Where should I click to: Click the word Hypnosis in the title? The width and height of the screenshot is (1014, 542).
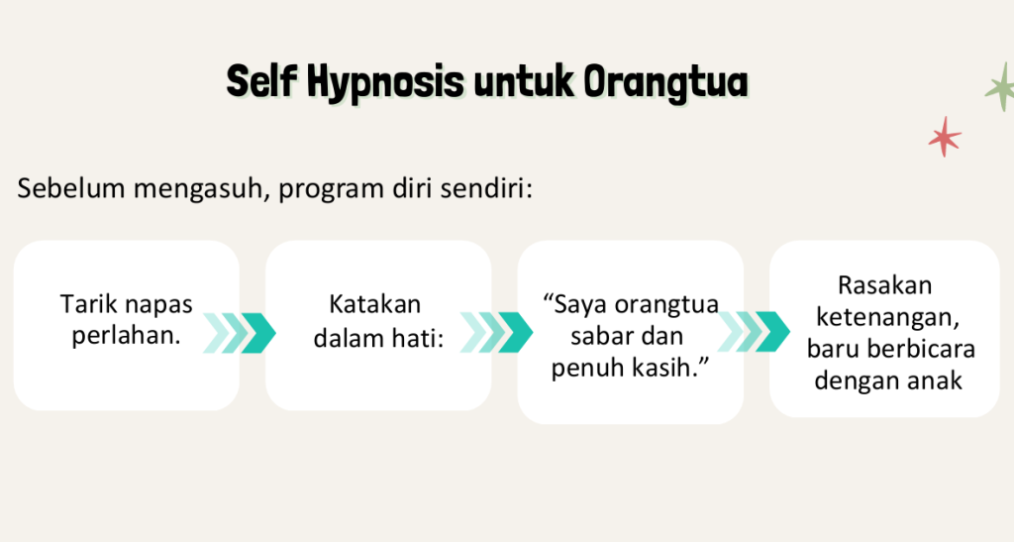(385, 83)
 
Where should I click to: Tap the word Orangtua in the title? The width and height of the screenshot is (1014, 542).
(666, 83)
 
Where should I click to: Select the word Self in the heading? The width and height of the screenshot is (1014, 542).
(261, 81)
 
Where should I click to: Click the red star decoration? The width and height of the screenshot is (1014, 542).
(945, 137)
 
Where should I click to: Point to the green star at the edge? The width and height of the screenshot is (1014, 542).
(1001, 87)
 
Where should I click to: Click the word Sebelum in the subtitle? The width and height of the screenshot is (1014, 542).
(71, 189)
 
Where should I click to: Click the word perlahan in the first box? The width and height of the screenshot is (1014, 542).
(126, 335)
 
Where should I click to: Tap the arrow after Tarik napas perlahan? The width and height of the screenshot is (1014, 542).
(240, 333)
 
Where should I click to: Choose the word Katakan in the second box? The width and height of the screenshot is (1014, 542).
(375, 304)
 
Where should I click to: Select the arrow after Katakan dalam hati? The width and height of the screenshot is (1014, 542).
(496, 333)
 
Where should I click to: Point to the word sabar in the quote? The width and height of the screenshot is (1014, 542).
(598, 336)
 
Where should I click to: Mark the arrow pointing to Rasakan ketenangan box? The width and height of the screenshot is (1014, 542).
(754, 332)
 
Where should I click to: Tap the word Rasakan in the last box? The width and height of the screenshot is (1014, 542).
(884, 285)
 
